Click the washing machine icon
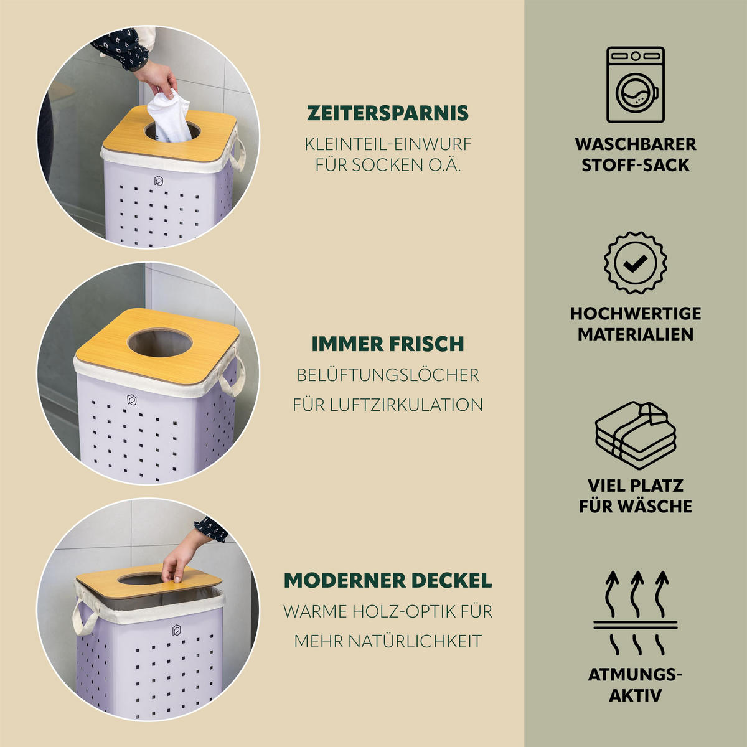click(636, 85)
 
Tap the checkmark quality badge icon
click(636, 263)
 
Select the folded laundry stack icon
click(636, 435)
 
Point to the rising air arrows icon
click(636, 613)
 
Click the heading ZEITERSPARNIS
click(388, 113)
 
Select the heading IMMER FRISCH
click(388, 344)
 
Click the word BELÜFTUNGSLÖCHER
click(388, 375)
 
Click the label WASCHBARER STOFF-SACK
click(636, 154)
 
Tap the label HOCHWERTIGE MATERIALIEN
click(636, 324)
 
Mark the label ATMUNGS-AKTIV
click(636, 685)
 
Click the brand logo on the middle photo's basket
click(132, 400)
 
